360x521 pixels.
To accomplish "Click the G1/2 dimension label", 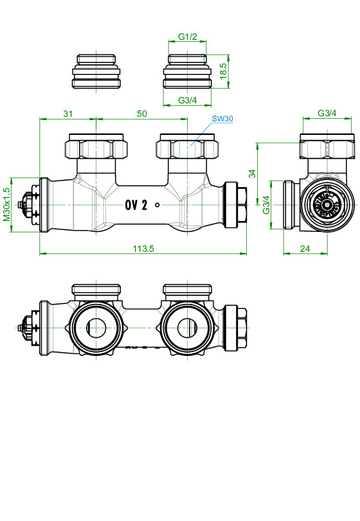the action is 188,37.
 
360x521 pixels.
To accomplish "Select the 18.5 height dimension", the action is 223,71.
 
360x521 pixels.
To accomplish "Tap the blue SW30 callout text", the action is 222,119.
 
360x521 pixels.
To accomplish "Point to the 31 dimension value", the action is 67,114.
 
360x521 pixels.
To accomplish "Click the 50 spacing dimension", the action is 142,114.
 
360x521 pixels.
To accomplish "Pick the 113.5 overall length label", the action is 143,249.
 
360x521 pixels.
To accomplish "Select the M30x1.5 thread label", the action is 6,205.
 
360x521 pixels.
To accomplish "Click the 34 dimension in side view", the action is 253,173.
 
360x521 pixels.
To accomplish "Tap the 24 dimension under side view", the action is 305,249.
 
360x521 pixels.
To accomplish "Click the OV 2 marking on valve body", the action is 136,205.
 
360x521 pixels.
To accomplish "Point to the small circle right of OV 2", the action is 157,205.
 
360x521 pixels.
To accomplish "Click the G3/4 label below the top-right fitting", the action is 188,100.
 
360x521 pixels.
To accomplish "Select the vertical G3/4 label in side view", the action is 266,205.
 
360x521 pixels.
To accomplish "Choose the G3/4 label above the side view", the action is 327,113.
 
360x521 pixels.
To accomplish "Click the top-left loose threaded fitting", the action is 96,71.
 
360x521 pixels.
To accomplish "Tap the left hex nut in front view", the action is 96,146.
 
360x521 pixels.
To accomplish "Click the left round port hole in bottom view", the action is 96,328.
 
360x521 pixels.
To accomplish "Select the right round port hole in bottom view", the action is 187,328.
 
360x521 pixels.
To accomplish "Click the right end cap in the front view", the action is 236,205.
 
